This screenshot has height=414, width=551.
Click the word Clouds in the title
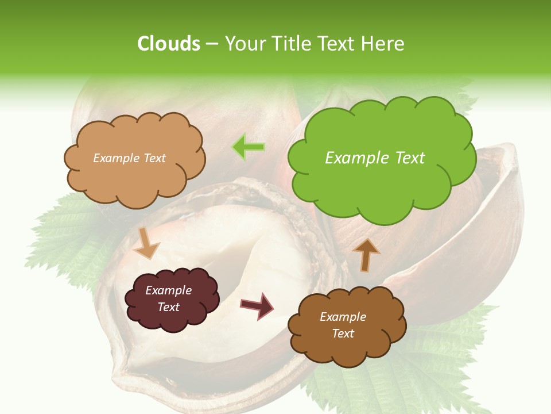pyautogui.click(x=168, y=44)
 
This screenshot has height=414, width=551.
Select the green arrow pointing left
pyautogui.click(x=248, y=147)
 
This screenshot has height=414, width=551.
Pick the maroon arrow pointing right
pyautogui.click(x=257, y=305)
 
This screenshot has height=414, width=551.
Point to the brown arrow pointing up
pyautogui.click(x=366, y=254)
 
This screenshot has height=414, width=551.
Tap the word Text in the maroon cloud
pyautogui.click(x=169, y=307)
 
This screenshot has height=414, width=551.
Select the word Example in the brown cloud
pyautogui.click(x=343, y=317)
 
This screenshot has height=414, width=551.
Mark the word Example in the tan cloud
pyautogui.click(x=115, y=158)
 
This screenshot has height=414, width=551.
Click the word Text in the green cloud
pyautogui.click(x=409, y=158)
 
